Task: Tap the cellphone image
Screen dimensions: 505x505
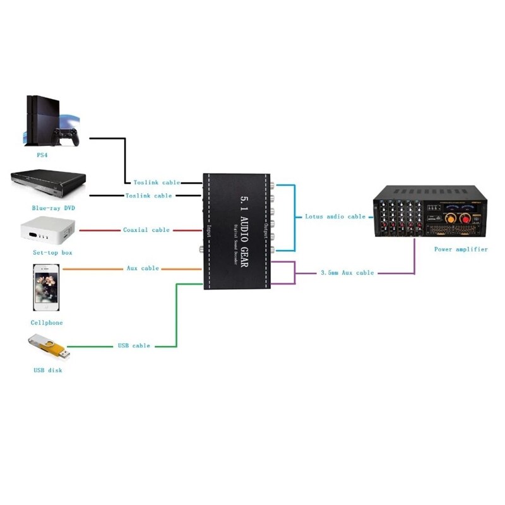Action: (47, 287)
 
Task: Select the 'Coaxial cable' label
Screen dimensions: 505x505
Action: (146, 230)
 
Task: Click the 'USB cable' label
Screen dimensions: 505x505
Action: (134, 346)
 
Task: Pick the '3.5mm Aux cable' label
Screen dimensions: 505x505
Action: (347, 273)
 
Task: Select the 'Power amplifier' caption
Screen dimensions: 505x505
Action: (461, 249)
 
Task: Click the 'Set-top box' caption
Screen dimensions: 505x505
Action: (52, 252)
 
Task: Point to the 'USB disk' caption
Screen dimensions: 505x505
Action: (48, 370)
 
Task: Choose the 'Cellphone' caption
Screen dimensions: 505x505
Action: (47, 323)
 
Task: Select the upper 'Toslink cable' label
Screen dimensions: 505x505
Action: (157, 182)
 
